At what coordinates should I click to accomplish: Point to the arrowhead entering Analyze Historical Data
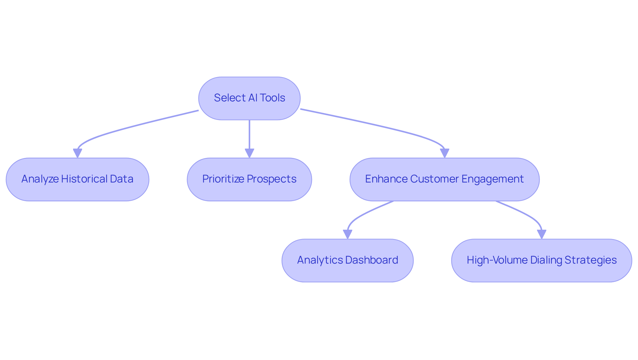coord(77,153)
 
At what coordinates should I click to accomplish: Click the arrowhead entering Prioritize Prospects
coord(249,153)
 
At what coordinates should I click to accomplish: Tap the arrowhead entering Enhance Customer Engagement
coord(444,153)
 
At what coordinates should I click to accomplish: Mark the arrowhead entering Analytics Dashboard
coord(347,234)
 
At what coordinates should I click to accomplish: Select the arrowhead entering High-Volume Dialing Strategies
coord(541,234)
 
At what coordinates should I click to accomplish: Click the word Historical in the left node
coord(84,179)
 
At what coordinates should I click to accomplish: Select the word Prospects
coord(272,179)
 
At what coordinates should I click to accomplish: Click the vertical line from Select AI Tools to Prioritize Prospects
coord(249,133)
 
